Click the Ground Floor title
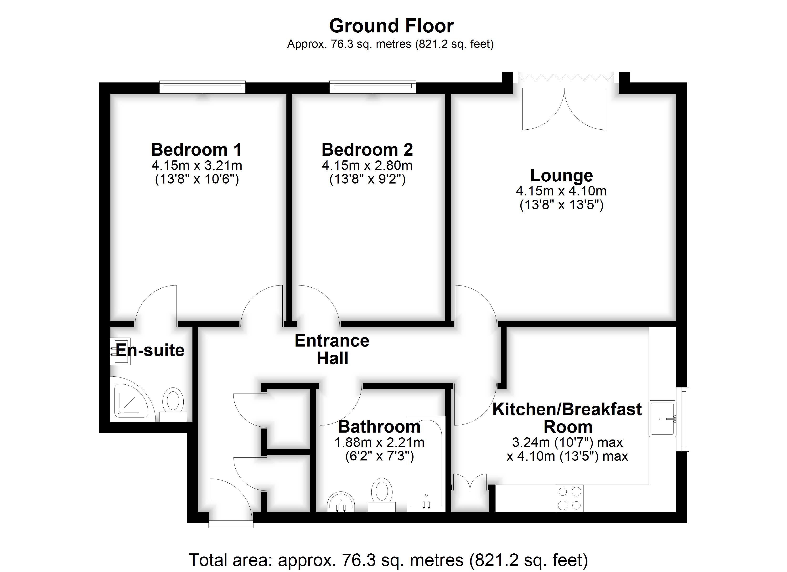tap(391, 26)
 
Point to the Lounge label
tap(561, 175)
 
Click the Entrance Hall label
tap(332, 349)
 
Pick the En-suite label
tap(150, 350)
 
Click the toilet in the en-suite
tap(173, 404)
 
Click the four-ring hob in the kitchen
tap(570, 498)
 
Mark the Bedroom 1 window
tap(203, 87)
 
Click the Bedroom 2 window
tap(372, 87)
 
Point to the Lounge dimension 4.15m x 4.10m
tap(561, 191)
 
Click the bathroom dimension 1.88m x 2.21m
tap(379, 442)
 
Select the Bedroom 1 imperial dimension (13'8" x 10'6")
tap(197, 179)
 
